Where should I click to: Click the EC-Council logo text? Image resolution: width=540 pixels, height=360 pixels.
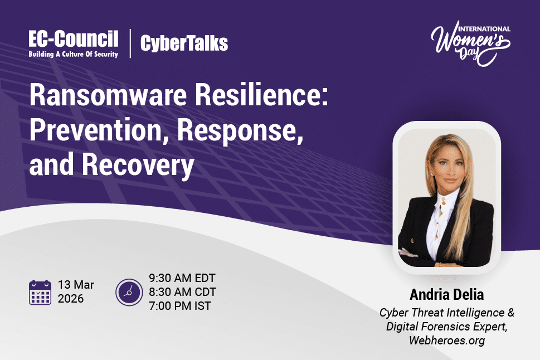(74, 39)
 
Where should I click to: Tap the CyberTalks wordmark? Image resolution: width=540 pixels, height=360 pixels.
(184, 43)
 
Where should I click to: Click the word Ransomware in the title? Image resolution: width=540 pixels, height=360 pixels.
(108, 95)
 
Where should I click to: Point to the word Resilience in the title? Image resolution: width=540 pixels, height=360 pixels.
(261, 95)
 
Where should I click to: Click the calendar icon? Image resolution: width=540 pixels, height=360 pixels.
(40, 292)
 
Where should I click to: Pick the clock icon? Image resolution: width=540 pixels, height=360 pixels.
(129, 292)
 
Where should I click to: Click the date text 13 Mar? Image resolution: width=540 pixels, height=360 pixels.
(76, 285)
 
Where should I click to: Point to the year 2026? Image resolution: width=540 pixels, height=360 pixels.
(71, 298)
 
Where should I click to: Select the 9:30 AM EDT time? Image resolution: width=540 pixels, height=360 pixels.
(182, 278)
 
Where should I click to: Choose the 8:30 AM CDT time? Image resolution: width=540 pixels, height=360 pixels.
(183, 292)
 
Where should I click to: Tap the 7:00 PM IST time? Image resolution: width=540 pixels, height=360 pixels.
(180, 305)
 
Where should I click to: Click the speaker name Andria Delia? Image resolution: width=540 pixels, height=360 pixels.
(447, 295)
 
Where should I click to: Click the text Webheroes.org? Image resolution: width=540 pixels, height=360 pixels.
(447, 340)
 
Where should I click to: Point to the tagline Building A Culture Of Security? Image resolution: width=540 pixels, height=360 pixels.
(74, 54)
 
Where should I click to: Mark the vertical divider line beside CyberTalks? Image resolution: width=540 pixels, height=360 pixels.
(130, 43)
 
